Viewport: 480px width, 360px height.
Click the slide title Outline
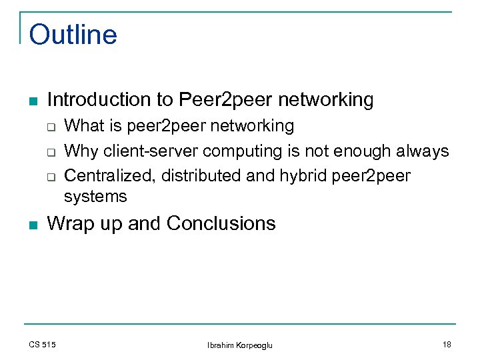pyautogui.click(x=73, y=35)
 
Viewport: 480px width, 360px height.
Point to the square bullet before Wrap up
pyautogui.click(x=33, y=225)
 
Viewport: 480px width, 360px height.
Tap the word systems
pyautogui.click(x=95, y=197)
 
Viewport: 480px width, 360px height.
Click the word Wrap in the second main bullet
pyautogui.click(x=70, y=223)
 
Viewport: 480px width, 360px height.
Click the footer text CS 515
pyautogui.click(x=42, y=345)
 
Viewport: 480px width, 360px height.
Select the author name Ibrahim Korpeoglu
pyautogui.click(x=240, y=345)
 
